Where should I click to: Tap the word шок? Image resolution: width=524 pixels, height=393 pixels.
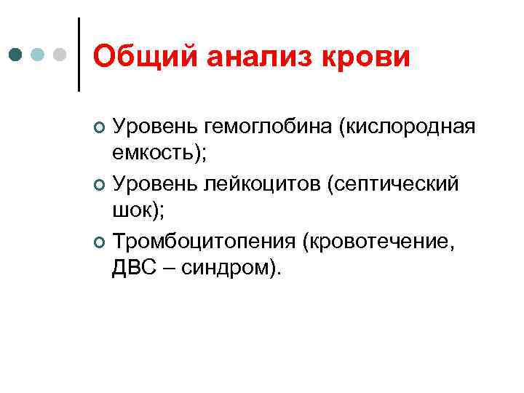[x=130, y=210]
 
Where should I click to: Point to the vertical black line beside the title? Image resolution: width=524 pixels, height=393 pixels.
[x=78, y=55]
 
